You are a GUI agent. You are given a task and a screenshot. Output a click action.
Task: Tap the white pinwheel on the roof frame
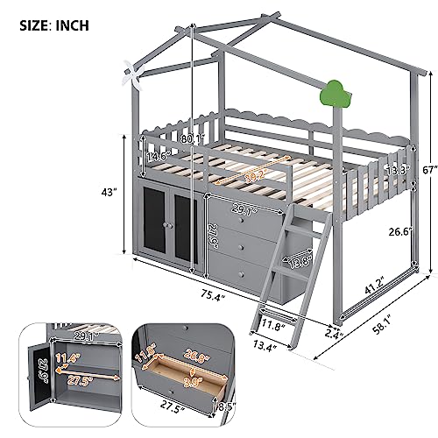click(132, 74)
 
